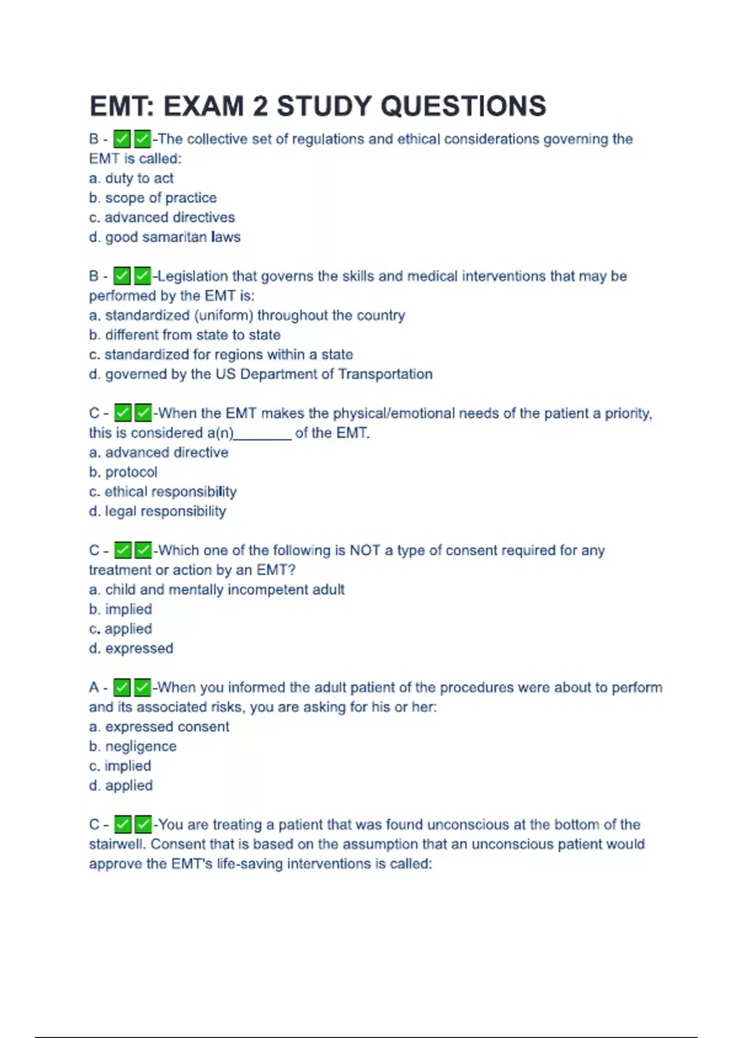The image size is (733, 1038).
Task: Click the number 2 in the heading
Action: pyautogui.click(x=260, y=106)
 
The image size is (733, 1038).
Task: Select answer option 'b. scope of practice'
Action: pyautogui.click(x=153, y=198)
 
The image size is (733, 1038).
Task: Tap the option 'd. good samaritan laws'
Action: pyautogui.click(x=165, y=237)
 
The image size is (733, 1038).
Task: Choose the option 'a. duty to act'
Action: pyautogui.click(x=131, y=178)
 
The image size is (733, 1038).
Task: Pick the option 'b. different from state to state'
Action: pyautogui.click(x=184, y=335)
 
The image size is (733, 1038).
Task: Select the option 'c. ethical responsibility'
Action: pyautogui.click(x=162, y=492)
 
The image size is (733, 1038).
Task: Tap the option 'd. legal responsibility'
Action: pyautogui.click(x=158, y=511)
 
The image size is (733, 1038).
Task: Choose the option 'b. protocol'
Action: pyautogui.click(x=123, y=472)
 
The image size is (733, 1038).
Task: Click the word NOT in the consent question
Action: pyautogui.click(x=365, y=550)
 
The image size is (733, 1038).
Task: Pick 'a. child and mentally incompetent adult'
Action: pyautogui.click(x=217, y=589)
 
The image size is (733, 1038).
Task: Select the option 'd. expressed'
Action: pyautogui.click(x=131, y=648)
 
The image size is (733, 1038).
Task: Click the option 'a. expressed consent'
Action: pyautogui.click(x=159, y=727)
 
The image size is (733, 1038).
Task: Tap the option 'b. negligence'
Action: pyautogui.click(x=133, y=746)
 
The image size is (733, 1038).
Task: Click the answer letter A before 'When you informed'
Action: pyautogui.click(x=94, y=688)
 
